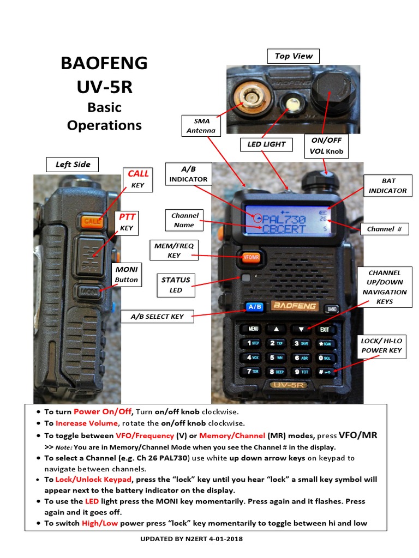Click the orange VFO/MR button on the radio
251,257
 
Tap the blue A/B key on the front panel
254,307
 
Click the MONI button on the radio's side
89,292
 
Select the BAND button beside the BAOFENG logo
332,309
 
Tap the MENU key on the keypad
253,329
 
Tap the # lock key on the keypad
325,372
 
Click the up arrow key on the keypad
277,329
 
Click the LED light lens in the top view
293,104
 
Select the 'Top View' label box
293,56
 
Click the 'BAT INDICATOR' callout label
388,186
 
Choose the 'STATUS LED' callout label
176,285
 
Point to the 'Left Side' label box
73,165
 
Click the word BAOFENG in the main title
104,63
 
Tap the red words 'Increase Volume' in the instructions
87,423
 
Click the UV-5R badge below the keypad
288,385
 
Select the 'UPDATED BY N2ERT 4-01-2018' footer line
191,539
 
